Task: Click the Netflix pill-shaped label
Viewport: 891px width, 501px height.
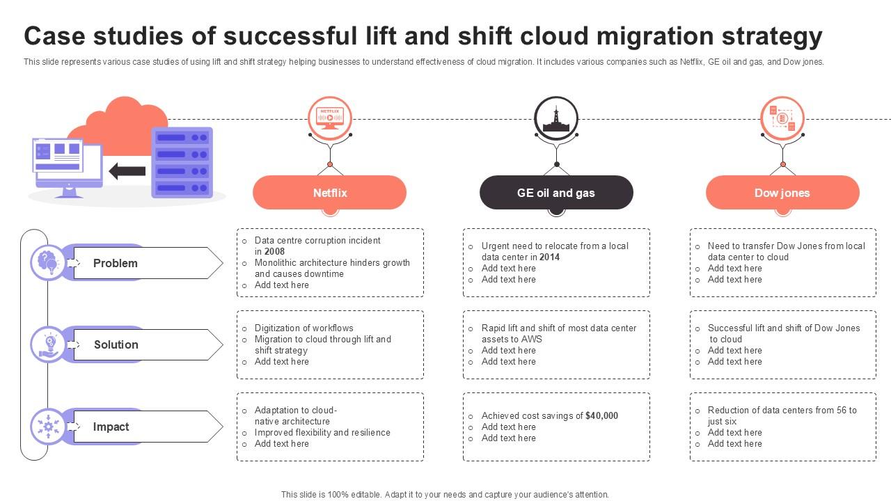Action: tap(329, 193)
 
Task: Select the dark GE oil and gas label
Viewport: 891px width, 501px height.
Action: tap(555, 193)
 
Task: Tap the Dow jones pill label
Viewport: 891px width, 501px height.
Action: tap(782, 193)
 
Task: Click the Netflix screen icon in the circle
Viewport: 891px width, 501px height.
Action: tap(329, 116)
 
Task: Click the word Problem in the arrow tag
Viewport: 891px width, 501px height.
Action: tap(116, 263)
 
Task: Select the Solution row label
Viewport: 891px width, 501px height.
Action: tap(116, 344)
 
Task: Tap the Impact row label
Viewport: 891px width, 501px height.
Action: tap(111, 427)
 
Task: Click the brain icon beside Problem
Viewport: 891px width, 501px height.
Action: tap(48, 262)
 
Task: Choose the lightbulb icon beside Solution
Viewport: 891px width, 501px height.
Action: tap(49, 344)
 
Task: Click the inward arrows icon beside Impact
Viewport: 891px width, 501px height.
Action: tap(48, 427)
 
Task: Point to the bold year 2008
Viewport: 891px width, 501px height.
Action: tap(274, 251)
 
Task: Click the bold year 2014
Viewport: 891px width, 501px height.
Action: tap(549, 257)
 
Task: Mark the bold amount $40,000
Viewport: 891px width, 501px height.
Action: tap(601, 415)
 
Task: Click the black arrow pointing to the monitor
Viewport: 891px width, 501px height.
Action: tap(127, 171)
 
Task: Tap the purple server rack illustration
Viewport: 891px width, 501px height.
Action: tap(182, 163)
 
